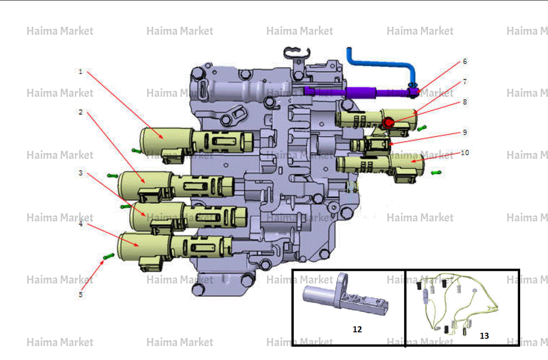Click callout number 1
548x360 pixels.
pyautogui.click(x=80, y=72)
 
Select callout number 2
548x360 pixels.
pyautogui.click(x=80, y=112)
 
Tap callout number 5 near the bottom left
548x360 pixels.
pyautogui.click(x=80, y=294)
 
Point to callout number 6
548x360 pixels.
pyautogui.click(x=465, y=62)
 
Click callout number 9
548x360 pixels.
pyautogui.click(x=465, y=132)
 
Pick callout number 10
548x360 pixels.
pyautogui.click(x=465, y=152)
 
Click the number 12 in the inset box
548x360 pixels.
pyautogui.click(x=357, y=330)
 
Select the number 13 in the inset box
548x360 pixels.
pyautogui.click(x=484, y=336)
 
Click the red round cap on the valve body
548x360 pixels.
pyautogui.click(x=389, y=122)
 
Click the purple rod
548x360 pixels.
pyautogui.click(x=360, y=93)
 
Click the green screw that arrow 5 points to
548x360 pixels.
pyautogui.click(x=109, y=257)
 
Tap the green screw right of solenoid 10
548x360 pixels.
pyautogui.click(x=436, y=172)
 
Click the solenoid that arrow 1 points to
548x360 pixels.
pyautogui.click(x=196, y=143)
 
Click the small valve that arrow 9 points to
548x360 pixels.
pyautogui.click(x=370, y=144)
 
